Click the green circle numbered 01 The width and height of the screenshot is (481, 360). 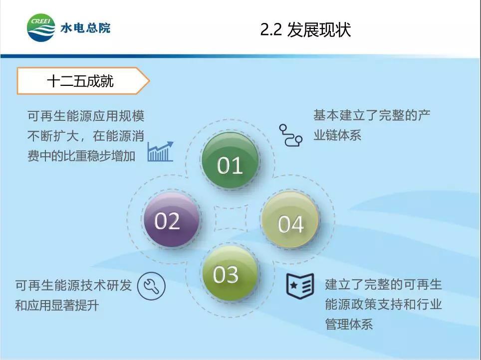[230, 161]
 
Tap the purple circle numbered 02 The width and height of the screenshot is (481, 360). [172, 219]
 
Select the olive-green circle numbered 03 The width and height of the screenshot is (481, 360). [230, 273]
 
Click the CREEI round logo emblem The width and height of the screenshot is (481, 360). [41, 27]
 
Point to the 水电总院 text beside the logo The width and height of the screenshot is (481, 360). [85, 28]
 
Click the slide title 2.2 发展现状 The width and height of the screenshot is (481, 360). [305, 30]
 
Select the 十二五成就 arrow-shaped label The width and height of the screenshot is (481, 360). [83, 81]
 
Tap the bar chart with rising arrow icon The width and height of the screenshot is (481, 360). [161, 152]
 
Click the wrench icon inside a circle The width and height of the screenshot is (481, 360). [151, 286]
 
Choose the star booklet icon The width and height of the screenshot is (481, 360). [300, 286]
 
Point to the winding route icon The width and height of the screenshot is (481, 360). [290, 135]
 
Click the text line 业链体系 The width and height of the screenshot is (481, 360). [337, 135]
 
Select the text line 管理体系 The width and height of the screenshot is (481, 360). [349, 324]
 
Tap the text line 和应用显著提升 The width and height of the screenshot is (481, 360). [57, 306]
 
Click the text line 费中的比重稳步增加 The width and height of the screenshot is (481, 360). [81, 156]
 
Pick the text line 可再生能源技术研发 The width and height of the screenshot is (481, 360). [74, 286]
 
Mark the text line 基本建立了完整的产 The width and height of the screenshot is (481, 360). [372, 115]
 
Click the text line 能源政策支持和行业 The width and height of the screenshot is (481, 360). [383, 305]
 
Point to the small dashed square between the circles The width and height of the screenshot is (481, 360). [231, 219]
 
